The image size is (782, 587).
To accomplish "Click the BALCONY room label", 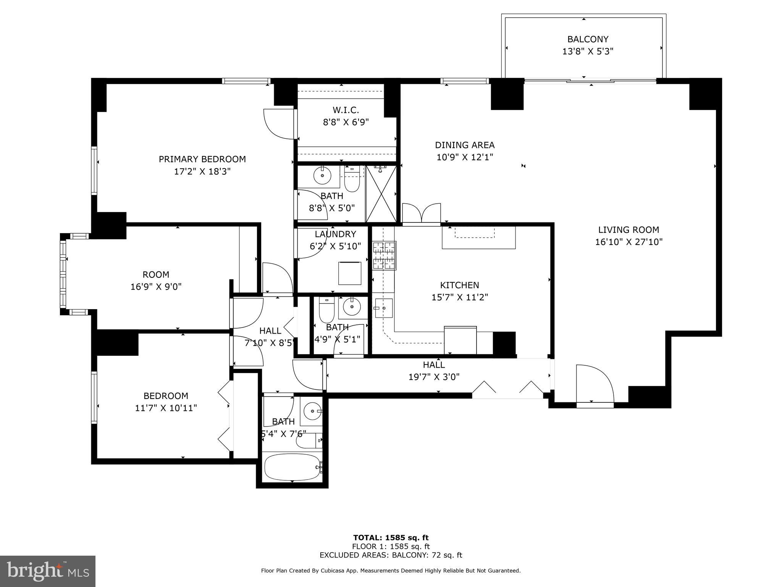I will (x=588, y=39).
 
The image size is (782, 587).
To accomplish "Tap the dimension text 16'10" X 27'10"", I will (x=629, y=242).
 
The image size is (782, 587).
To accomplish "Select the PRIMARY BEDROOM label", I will (x=202, y=159).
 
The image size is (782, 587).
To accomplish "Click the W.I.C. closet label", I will (x=346, y=110).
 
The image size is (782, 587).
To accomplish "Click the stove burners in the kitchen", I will (x=384, y=256).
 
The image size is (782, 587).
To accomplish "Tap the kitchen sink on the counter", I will (x=383, y=308).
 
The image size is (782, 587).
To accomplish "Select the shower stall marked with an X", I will (x=381, y=194).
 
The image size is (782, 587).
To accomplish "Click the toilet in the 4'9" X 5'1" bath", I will (x=326, y=311).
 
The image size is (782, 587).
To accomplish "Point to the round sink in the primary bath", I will (x=322, y=176).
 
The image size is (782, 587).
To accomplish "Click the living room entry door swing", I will (x=594, y=383).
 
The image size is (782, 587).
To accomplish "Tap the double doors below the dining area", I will (x=422, y=213).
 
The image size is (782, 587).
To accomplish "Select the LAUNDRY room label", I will (x=335, y=234).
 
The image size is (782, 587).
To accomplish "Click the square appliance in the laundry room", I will (x=350, y=273).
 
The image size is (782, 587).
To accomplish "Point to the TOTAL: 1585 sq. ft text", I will (x=391, y=538).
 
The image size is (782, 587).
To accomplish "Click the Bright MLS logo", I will (x=48, y=571).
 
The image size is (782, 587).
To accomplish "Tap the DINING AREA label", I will (x=465, y=145).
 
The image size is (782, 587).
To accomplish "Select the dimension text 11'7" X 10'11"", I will (x=166, y=408).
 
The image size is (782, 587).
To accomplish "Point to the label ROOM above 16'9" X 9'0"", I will (x=156, y=274).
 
